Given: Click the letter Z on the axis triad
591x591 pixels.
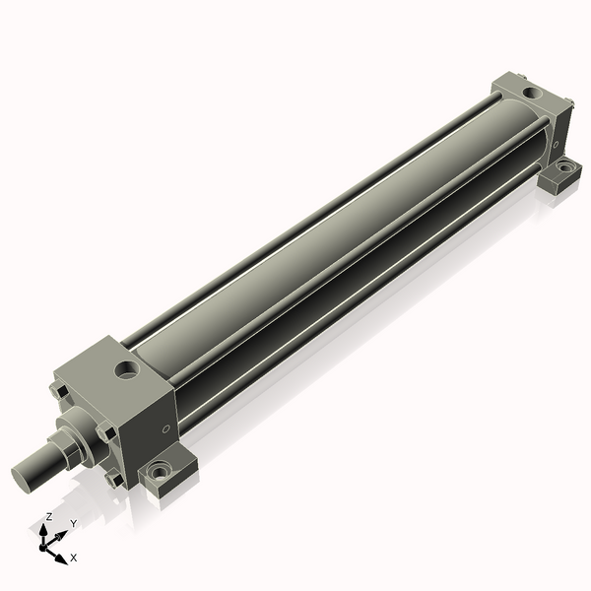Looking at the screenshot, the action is point(48,516).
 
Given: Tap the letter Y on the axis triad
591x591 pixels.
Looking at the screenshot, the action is point(74,524).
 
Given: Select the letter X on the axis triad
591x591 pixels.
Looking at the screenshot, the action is point(74,558).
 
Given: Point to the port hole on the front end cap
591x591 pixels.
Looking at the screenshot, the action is point(127,369).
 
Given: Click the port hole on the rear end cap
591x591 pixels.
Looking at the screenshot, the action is point(532,92).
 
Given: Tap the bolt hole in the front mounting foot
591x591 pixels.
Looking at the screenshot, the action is point(159,471).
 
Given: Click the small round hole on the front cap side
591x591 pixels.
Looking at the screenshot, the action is point(165,428).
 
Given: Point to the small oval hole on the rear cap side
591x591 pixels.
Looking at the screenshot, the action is point(556,144).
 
